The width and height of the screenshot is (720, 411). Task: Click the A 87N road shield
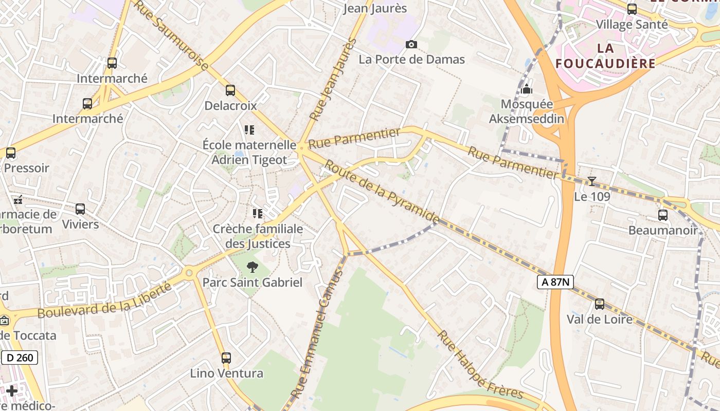[555, 282]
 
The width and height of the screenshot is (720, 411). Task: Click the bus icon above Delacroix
[230, 90]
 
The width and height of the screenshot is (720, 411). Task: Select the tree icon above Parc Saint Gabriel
[252, 267]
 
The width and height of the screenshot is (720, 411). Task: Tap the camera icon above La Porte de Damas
[411, 45]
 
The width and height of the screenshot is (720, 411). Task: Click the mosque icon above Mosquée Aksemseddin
[526, 89]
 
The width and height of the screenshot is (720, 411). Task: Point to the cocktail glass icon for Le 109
[592, 181]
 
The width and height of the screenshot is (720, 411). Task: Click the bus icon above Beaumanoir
[663, 215]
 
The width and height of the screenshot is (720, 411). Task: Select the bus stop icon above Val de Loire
[600, 304]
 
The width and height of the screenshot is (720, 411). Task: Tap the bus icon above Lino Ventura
[226, 358]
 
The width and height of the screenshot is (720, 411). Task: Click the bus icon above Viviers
[80, 209]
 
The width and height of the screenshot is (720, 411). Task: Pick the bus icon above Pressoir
[11, 153]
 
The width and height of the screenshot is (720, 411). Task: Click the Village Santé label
[632, 24]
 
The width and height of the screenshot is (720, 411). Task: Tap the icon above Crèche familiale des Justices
[257, 213]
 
